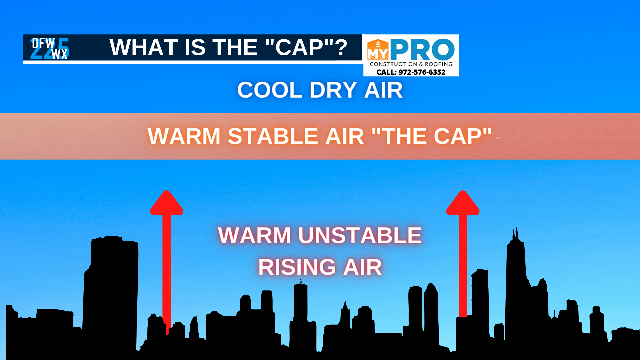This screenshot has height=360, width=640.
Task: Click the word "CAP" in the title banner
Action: (x=299, y=47)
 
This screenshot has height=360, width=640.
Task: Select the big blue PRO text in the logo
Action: (x=422, y=49)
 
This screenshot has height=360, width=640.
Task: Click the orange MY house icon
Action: (x=378, y=50)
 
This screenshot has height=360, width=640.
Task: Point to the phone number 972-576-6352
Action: (x=422, y=72)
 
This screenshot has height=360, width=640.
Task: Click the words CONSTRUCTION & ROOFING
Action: (x=411, y=64)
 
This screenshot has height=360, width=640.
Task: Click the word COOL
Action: (x=270, y=90)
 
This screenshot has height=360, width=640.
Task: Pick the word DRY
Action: (x=333, y=90)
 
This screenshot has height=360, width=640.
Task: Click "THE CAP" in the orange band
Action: (x=432, y=136)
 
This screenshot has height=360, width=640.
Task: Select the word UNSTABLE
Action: (x=360, y=235)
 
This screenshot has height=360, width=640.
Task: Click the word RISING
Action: (x=297, y=267)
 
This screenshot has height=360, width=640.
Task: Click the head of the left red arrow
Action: (x=167, y=203)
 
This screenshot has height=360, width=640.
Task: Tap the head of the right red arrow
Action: (x=463, y=203)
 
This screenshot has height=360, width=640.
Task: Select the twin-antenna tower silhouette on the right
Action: (x=516, y=287)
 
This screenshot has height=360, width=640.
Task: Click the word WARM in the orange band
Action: (x=184, y=136)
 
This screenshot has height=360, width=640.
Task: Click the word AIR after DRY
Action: (x=383, y=90)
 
